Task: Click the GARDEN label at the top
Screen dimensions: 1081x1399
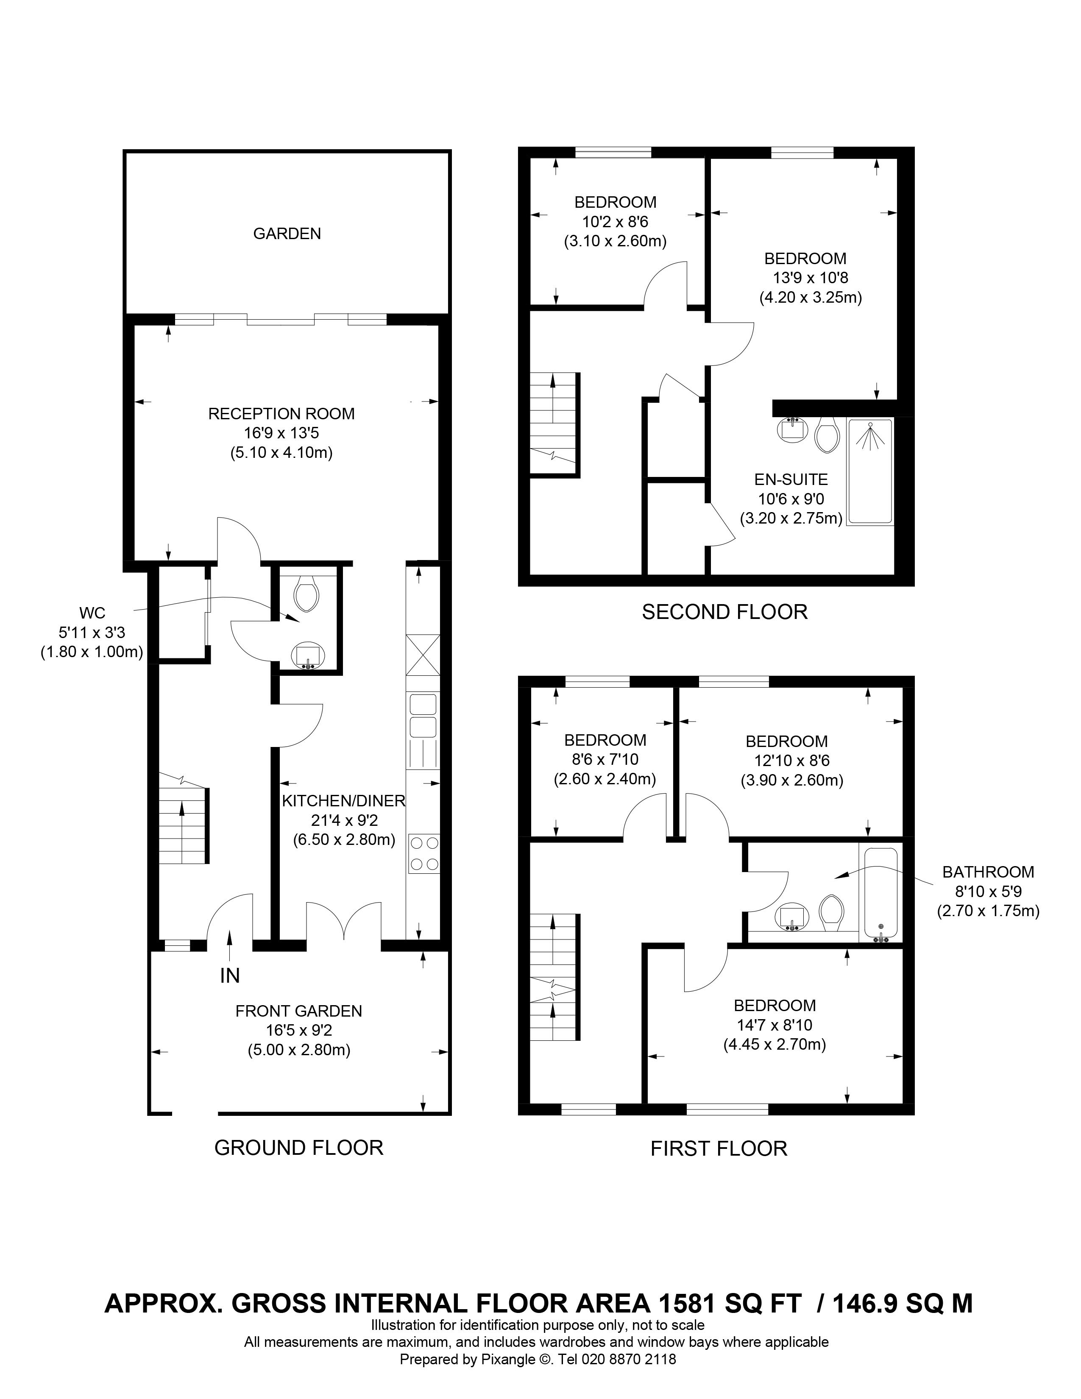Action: point(287,234)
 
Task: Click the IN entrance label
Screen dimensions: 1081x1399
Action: point(230,975)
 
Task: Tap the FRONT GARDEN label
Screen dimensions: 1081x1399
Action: point(298,1011)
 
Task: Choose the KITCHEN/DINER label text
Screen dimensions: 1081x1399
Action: point(344,801)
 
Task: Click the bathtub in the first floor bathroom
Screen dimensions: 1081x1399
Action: point(880,894)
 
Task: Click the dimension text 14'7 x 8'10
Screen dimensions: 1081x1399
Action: point(775,1025)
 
